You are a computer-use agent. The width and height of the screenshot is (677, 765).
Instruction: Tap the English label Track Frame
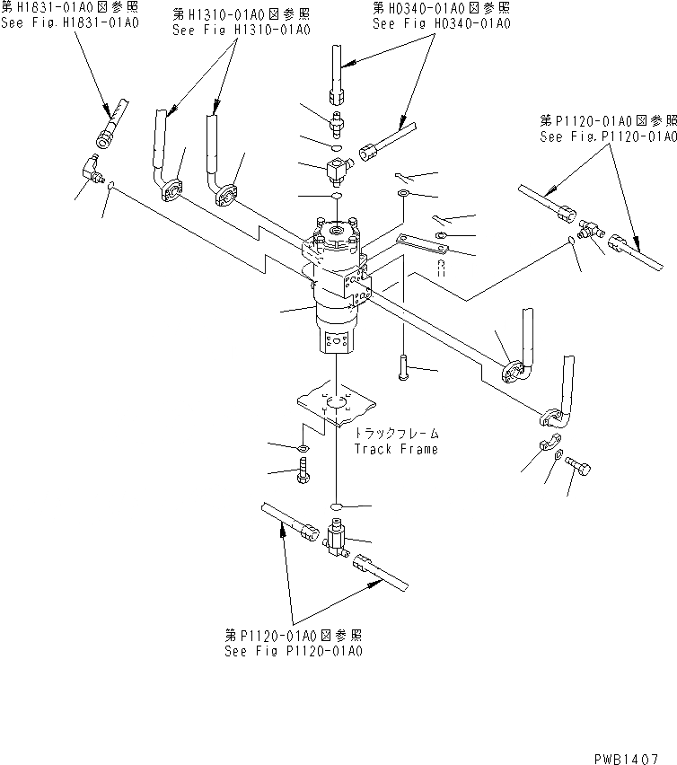tap(396, 449)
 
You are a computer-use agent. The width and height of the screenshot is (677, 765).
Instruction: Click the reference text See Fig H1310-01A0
tap(241, 30)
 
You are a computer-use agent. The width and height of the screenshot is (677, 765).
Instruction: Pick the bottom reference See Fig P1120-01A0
tap(295, 650)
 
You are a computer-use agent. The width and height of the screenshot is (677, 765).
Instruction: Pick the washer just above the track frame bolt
tap(302, 446)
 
